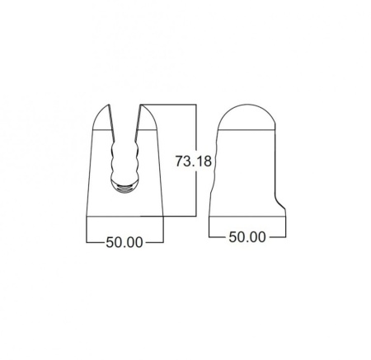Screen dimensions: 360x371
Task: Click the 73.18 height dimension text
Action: pos(195,161)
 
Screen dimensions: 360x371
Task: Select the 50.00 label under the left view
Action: pos(124,242)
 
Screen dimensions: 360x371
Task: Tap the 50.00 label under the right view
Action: pos(247,237)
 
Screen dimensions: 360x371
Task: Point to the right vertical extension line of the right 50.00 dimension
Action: pos(286,227)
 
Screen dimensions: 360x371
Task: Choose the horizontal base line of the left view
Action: pos(124,216)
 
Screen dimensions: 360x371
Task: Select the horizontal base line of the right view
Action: pos(247,216)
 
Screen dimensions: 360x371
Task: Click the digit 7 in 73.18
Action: pos(180,161)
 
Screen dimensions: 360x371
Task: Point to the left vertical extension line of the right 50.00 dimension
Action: pos(209,227)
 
